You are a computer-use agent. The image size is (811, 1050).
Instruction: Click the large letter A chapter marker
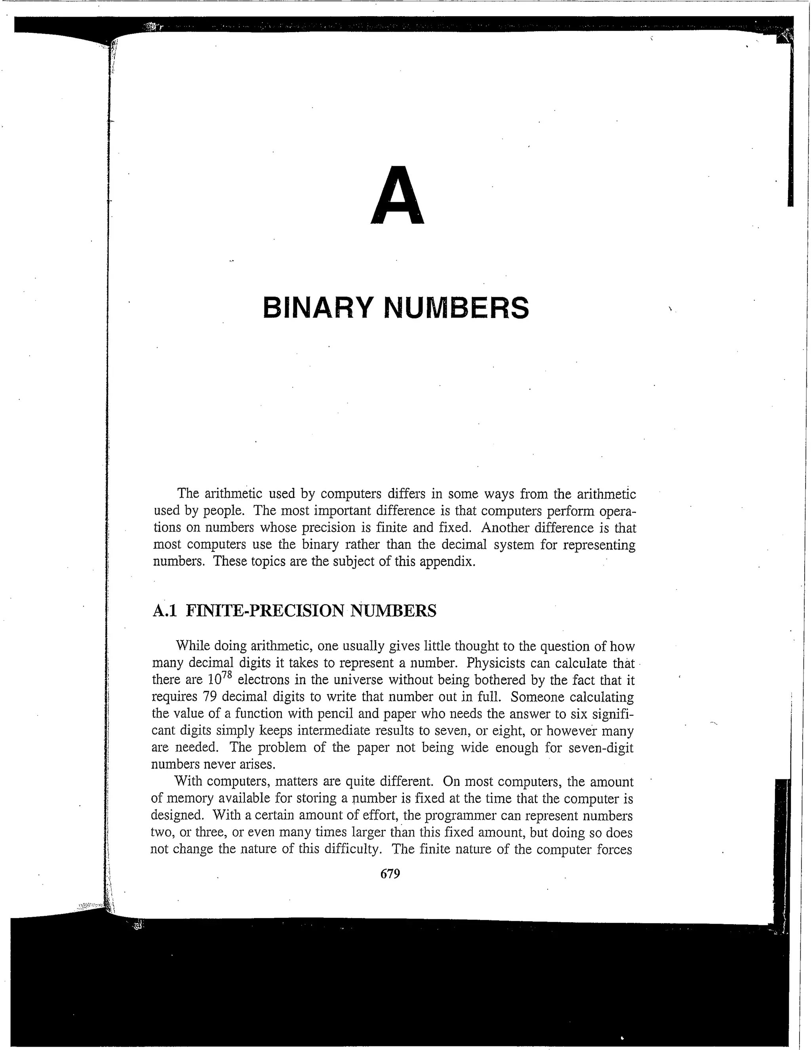(x=398, y=196)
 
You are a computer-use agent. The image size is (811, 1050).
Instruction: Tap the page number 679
(x=390, y=874)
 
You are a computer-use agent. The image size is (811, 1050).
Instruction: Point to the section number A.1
(x=164, y=611)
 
